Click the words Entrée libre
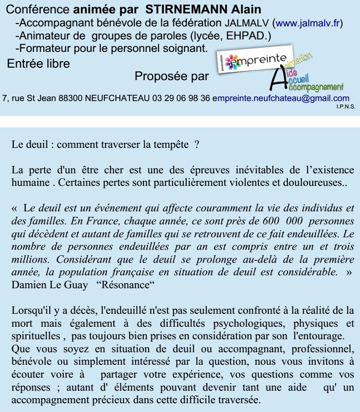click(39, 64)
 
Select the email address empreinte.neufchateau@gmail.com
click(281, 98)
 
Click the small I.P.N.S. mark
click(344, 106)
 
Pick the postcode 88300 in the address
click(71, 98)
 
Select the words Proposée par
click(172, 77)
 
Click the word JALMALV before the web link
click(247, 23)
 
